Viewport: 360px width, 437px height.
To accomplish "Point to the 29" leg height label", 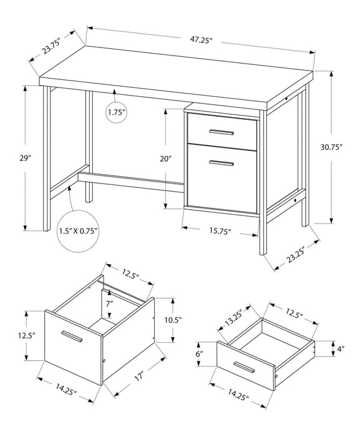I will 26,159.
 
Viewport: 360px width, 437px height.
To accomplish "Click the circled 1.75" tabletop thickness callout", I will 116,112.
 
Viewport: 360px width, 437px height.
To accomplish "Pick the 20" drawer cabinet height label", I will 165,159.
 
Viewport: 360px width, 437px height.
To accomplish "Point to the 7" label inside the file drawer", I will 109,303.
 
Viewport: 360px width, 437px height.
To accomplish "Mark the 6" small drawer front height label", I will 200,353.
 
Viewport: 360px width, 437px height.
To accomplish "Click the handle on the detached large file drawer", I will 71,336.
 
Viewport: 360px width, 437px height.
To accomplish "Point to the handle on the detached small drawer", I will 244,365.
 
